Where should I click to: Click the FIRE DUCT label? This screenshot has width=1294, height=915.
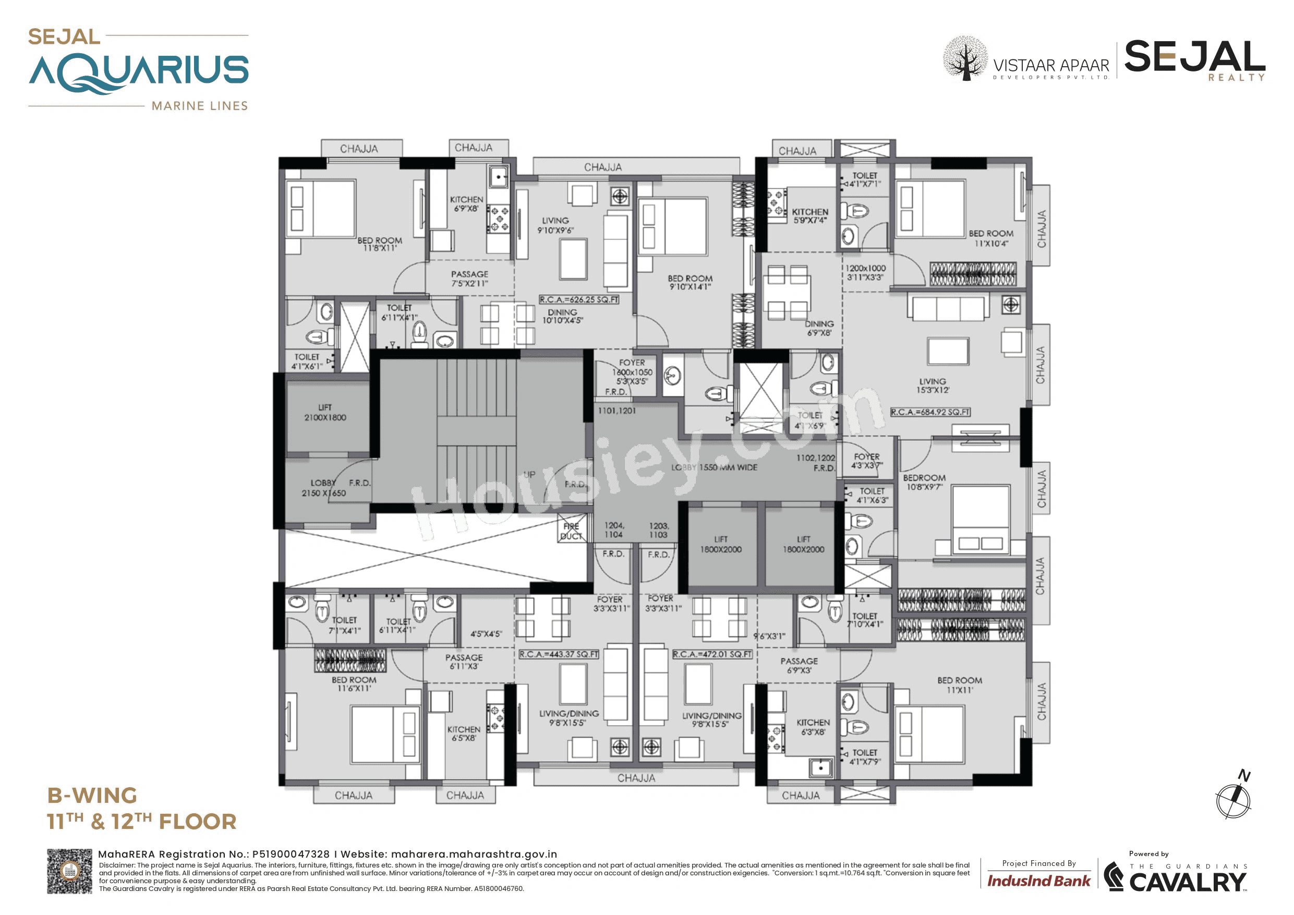pyautogui.click(x=571, y=531)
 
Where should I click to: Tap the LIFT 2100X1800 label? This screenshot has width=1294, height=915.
pyautogui.click(x=324, y=413)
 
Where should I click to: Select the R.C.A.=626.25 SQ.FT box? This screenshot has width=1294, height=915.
pyautogui.click(x=579, y=300)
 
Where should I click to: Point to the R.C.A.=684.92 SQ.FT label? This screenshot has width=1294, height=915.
pyautogui.click(x=930, y=412)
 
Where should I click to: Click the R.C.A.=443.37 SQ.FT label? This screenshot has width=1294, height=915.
pyautogui.click(x=559, y=654)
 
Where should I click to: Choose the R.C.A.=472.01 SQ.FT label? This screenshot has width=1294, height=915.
pyautogui.click(x=712, y=654)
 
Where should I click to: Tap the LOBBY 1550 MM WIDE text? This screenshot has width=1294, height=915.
pyautogui.click(x=713, y=467)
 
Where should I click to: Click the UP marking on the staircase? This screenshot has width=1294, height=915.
pyautogui.click(x=529, y=475)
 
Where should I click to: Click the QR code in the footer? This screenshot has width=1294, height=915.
pyautogui.click(x=69, y=871)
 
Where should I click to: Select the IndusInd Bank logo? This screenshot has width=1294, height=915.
pyautogui.click(x=1038, y=881)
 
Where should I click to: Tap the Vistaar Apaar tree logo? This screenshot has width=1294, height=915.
pyautogui.click(x=965, y=58)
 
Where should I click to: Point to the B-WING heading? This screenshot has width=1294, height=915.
pyautogui.click(x=92, y=796)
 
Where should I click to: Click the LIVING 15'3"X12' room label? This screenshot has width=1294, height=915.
pyautogui.click(x=932, y=386)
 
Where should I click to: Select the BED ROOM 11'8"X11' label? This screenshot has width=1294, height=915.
pyautogui.click(x=379, y=244)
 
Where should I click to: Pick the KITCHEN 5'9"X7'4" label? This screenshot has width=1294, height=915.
pyautogui.click(x=809, y=216)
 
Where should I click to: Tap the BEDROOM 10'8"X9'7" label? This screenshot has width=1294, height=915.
pyautogui.click(x=924, y=482)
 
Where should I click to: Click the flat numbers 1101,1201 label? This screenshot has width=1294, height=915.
pyautogui.click(x=616, y=411)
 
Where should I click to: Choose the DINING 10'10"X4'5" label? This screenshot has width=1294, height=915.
pyautogui.click(x=562, y=316)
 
